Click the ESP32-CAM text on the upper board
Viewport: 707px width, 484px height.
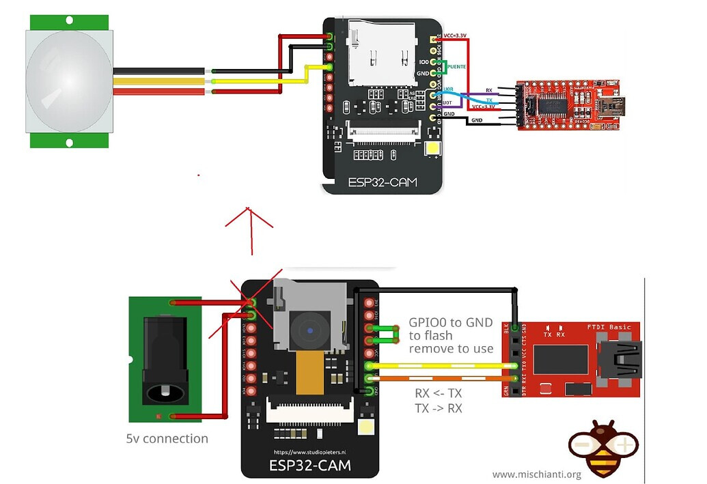382,182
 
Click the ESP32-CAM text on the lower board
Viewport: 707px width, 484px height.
311,466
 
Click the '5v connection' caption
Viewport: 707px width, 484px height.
167,438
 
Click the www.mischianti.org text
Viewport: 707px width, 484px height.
536,474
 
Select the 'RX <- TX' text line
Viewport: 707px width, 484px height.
438,394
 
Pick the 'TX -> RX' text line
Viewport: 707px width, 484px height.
438,408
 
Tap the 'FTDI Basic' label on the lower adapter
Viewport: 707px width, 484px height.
610,326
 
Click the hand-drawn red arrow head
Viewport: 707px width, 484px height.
249,215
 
